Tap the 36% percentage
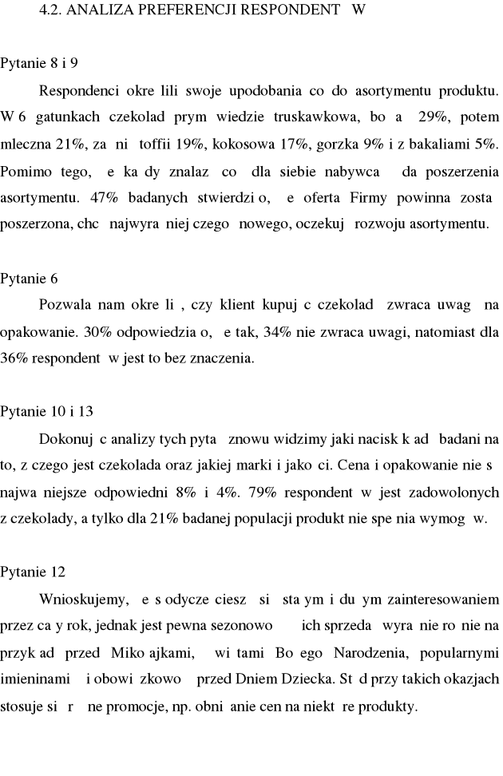coord(14,358)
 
